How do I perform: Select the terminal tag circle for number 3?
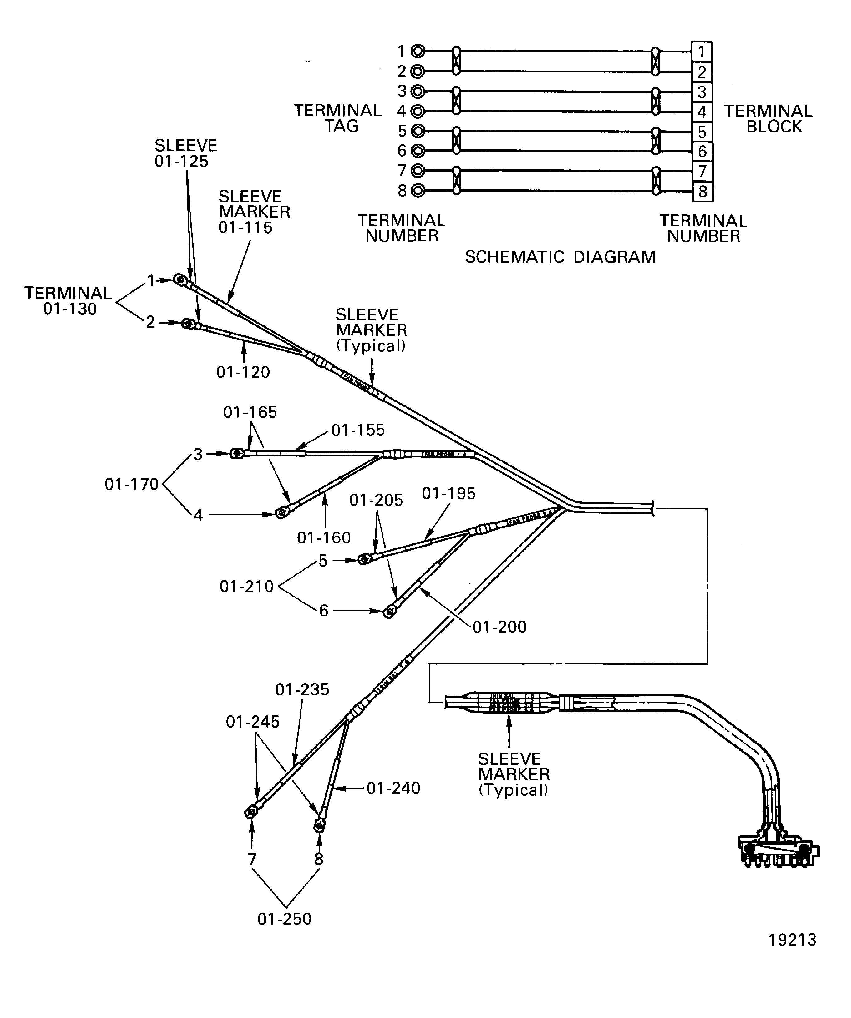[417, 91]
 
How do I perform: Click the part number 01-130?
[70, 309]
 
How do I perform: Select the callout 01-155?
[358, 430]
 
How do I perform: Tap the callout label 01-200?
[499, 627]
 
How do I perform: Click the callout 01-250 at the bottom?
[284, 918]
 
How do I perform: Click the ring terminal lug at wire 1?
[180, 280]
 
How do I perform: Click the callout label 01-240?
[393, 788]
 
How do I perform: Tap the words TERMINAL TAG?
[338, 118]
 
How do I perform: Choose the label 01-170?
[132, 484]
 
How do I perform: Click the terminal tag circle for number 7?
[417, 171]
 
